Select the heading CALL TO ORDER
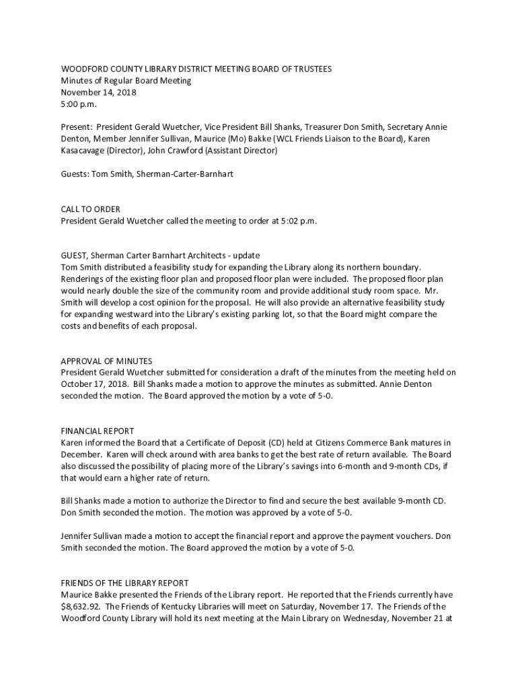point(91,209)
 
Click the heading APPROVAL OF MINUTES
point(106,361)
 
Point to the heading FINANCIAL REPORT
point(98,431)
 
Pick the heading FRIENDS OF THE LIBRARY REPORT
point(125,583)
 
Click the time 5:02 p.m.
point(296,221)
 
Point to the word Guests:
point(75,174)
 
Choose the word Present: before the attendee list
point(76,127)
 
